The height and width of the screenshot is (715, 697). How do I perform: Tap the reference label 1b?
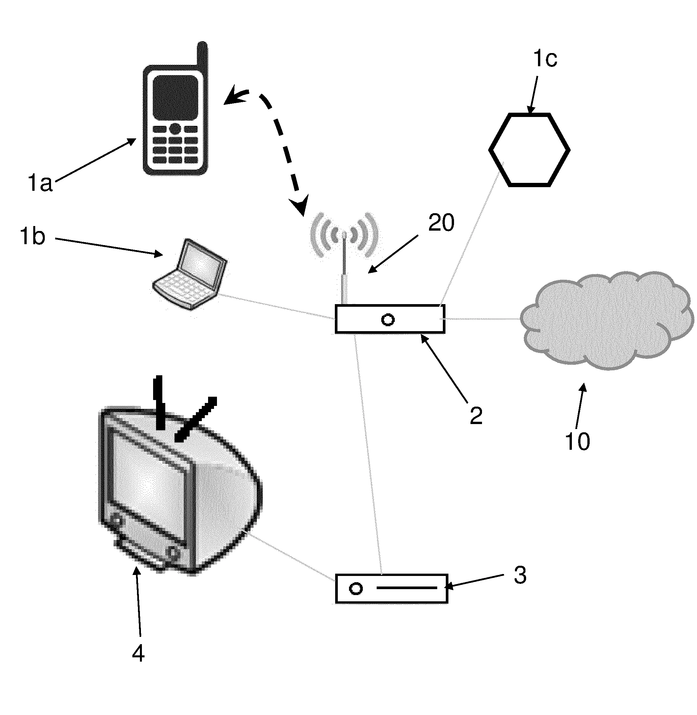(x=32, y=236)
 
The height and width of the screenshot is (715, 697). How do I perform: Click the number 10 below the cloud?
(x=577, y=442)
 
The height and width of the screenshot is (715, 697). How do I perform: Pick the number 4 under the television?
(x=138, y=653)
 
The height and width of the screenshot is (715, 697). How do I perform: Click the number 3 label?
(x=520, y=575)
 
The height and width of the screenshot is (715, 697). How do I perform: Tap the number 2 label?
(x=476, y=416)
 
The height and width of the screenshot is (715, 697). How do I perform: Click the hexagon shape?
(x=529, y=150)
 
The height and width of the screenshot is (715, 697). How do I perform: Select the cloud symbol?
(x=606, y=321)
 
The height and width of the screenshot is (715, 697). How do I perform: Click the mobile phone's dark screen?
(x=175, y=98)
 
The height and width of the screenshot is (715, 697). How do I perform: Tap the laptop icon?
(x=190, y=275)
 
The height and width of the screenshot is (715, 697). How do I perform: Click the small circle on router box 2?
(x=388, y=320)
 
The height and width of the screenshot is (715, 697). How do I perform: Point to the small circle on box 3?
(x=356, y=589)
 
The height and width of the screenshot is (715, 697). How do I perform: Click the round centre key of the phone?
(x=175, y=129)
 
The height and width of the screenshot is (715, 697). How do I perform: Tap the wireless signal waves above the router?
(x=344, y=234)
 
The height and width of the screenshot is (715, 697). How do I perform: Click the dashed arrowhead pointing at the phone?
(x=234, y=97)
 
